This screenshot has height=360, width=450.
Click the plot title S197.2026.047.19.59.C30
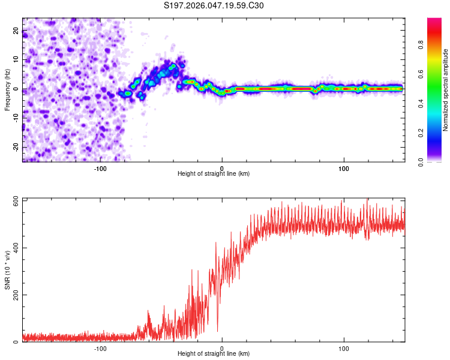pos(214,6)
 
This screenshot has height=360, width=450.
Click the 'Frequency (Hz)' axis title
pos(7,90)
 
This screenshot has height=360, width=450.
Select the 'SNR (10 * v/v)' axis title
pos(7,270)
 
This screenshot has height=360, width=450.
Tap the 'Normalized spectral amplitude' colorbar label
pos(446,90)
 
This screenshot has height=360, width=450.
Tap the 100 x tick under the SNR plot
pos(344,349)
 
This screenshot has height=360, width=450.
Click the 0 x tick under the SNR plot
pos(222,349)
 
